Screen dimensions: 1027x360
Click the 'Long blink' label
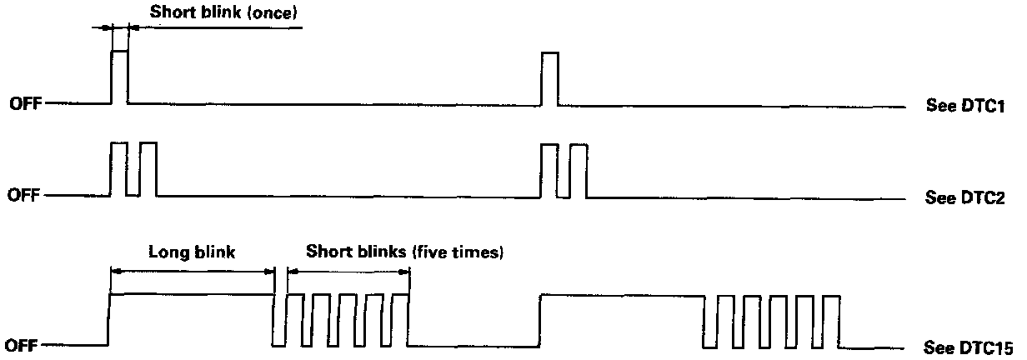click(x=191, y=251)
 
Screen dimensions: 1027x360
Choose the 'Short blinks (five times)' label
click(x=404, y=251)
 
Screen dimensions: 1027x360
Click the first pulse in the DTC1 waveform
click(x=120, y=77)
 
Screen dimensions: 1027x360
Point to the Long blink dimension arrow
click(x=193, y=270)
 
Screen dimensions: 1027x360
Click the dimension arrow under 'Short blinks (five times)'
click(x=348, y=270)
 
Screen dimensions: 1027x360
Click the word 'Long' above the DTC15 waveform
click(x=166, y=251)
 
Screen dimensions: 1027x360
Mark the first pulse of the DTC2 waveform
click(x=118, y=168)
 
